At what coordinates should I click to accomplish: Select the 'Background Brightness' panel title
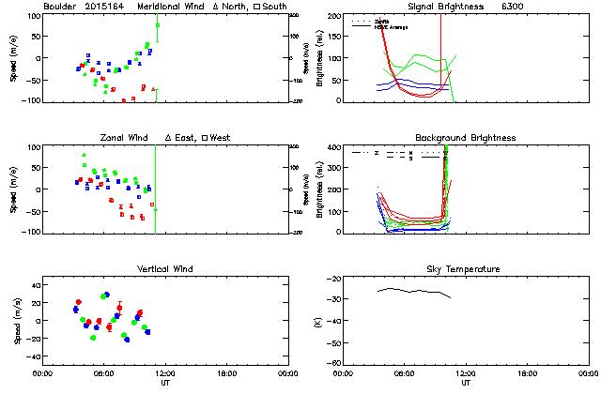point(465,138)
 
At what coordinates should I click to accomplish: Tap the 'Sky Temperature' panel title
point(465,269)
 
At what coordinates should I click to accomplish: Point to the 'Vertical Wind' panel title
point(164,269)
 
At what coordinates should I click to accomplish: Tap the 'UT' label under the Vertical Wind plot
point(164,382)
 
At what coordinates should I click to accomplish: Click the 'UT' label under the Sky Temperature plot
point(466,382)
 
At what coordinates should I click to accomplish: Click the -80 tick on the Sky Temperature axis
point(334,363)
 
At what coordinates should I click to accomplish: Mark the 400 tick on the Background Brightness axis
point(332,148)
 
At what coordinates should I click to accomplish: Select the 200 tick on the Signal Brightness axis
point(332,17)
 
